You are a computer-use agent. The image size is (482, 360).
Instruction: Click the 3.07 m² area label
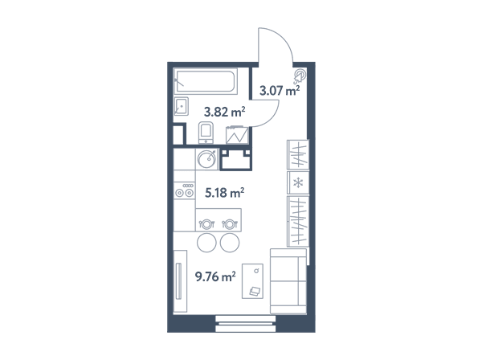pyautogui.click(x=280, y=91)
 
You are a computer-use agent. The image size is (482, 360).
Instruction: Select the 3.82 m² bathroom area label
pyautogui.click(x=224, y=112)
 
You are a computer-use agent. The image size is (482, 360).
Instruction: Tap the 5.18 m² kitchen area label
pyautogui.click(x=224, y=193)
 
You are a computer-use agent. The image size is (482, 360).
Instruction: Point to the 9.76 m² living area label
pyautogui.click(x=215, y=276)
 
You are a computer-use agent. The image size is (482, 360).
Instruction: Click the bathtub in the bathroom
pyautogui.click(x=206, y=81)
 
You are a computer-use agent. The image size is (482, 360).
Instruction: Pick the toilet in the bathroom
pyautogui.click(x=206, y=133)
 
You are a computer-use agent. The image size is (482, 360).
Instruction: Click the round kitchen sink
pyautogui.click(x=206, y=159)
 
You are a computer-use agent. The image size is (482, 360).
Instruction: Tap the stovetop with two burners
pyautogui.click(x=184, y=190)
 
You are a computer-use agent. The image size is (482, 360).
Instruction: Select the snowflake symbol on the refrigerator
pyautogui.click(x=298, y=183)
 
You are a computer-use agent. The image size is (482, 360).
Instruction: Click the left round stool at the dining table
pyautogui.click(x=206, y=243)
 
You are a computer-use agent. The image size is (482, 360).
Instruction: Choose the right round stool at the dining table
pyautogui.click(x=230, y=243)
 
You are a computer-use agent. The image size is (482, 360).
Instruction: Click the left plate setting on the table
pyautogui.click(x=206, y=224)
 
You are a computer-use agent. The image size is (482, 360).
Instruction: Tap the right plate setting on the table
pyautogui.click(x=230, y=224)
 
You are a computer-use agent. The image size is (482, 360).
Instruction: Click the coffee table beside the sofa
pyautogui.click(x=252, y=281)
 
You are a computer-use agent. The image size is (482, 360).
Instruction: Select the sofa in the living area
pyautogui.click(x=288, y=281)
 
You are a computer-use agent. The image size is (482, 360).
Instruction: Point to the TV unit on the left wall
pyautogui.click(x=180, y=281)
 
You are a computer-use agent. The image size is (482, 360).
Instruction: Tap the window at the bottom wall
pyautogui.click(x=245, y=323)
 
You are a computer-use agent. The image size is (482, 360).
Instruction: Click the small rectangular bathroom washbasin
pyautogui.click(x=182, y=106)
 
